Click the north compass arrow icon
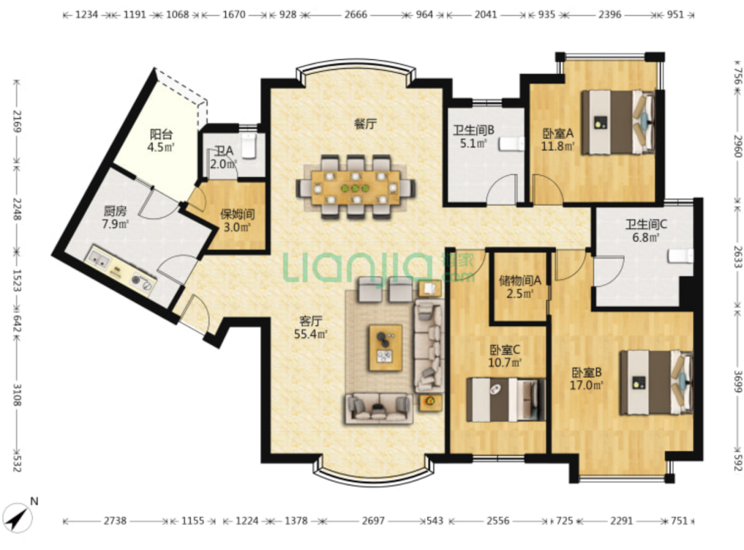tap(18, 518)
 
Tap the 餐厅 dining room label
tap(366, 124)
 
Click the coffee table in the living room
tap(386, 348)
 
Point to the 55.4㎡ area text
tap(311, 334)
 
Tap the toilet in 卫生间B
tap(511, 144)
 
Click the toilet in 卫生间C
tap(681, 256)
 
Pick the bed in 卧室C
tap(506, 400)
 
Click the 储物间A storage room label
tap(520, 280)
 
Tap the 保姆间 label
tap(238, 214)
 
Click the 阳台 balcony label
tap(161, 134)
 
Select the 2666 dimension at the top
tap(356, 15)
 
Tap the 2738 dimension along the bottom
tap(115, 521)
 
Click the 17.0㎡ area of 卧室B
tap(587, 385)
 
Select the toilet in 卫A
tap(249, 145)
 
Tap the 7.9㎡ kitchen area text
tap(115, 223)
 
